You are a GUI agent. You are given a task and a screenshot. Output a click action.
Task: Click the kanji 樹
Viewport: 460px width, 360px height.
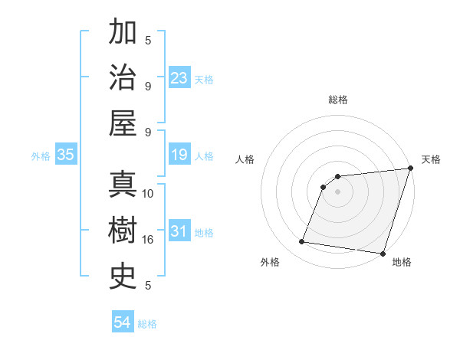[x=123, y=231]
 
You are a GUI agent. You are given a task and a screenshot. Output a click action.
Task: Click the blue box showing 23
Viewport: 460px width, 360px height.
[x=179, y=78]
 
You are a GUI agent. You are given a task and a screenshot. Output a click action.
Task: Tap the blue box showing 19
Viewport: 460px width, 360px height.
[x=179, y=155]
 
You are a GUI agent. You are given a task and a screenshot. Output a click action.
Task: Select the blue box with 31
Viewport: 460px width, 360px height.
[x=179, y=232]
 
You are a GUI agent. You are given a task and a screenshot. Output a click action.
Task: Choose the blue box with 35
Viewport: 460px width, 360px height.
[x=66, y=155]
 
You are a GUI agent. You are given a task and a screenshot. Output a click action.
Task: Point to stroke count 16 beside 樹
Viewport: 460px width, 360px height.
[x=148, y=240]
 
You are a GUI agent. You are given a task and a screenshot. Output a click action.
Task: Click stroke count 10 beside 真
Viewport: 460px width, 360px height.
[x=148, y=194]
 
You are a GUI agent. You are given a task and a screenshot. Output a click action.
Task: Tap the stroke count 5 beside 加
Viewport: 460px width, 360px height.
[x=148, y=41]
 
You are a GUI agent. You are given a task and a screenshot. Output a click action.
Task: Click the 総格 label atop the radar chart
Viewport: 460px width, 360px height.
[x=338, y=100]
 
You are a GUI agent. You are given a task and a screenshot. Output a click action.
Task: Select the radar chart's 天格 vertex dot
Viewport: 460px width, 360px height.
[x=410, y=169]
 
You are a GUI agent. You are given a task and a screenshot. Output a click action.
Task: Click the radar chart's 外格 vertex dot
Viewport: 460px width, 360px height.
[x=302, y=242]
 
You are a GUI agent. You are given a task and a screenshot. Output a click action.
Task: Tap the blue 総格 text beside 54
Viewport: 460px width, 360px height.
[x=147, y=324]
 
